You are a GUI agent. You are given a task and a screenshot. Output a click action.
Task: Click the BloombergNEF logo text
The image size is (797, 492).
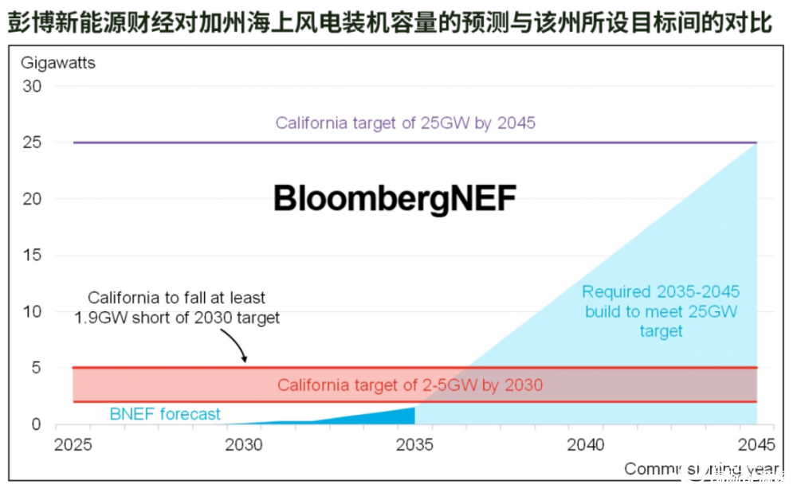point(395,199)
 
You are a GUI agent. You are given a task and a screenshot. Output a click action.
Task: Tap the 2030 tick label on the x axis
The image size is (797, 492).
point(245,444)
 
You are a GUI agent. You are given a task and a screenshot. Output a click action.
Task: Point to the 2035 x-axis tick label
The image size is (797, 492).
point(415,444)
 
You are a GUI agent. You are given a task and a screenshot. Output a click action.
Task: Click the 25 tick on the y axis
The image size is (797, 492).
point(31,143)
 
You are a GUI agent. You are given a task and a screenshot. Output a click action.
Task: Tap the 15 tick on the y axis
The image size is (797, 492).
point(31,256)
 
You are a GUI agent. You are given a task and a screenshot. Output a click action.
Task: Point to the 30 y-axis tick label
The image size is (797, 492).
point(31,86)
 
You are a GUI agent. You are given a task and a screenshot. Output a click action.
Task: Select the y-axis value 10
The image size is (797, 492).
point(31,312)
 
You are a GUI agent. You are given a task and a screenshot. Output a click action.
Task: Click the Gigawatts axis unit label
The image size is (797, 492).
point(58,63)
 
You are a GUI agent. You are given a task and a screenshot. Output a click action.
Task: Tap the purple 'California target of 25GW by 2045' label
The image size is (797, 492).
point(405,123)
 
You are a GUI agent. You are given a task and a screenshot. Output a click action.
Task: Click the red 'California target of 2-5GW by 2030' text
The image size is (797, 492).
point(410,386)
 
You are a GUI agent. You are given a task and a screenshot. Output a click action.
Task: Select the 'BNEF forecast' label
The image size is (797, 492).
point(165,414)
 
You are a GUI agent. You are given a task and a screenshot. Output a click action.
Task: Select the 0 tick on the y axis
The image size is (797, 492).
point(36,424)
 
